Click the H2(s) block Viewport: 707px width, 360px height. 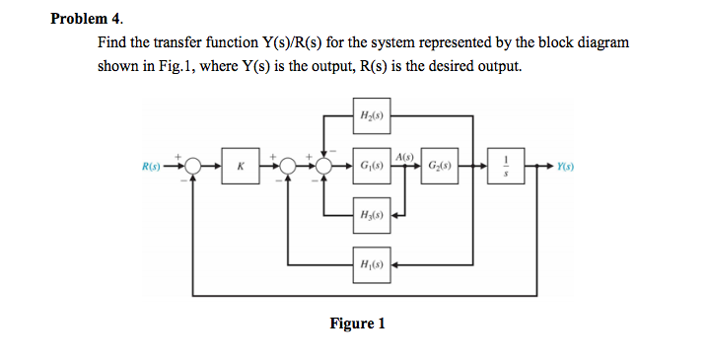point(372,115)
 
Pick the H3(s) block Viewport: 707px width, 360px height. point(372,214)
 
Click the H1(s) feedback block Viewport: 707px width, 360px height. point(372,264)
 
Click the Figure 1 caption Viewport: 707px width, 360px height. point(357,324)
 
